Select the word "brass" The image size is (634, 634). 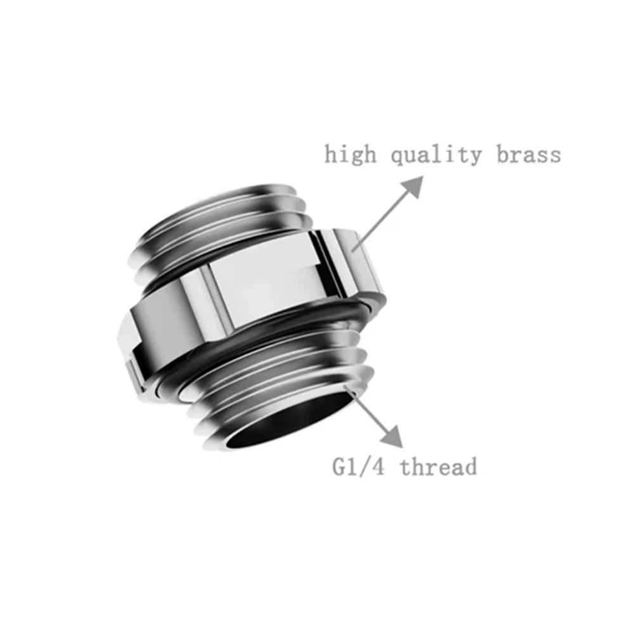pos(529,154)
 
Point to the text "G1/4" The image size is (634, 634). pos(358,467)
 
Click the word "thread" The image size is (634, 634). pos(439,467)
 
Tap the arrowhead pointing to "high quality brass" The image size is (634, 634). pos(413,184)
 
